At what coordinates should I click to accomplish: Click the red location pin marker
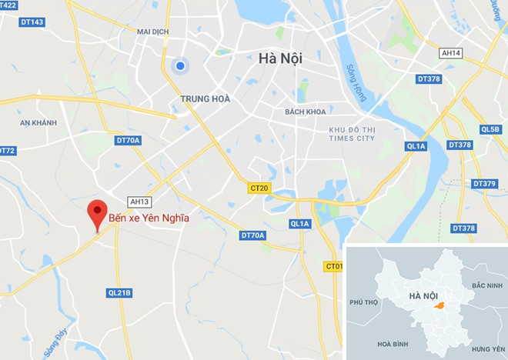pos(96,212)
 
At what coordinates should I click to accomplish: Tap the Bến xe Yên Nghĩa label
pos(148,218)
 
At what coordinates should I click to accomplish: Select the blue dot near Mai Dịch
pos(180,66)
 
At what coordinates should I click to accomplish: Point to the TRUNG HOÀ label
pos(205,99)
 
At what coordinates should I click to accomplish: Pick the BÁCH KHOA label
pos(306,112)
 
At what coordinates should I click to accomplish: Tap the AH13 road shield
pos(139,202)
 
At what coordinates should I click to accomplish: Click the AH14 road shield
pos(450,53)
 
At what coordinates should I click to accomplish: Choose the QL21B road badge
pos(119,292)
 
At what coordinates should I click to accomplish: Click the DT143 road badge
pos(33,22)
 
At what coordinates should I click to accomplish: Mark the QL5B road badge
pos(490,129)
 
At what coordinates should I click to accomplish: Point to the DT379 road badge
pos(485,184)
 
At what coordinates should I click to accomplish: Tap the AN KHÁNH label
pos(39,123)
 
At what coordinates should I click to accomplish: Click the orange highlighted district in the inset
pos(439,306)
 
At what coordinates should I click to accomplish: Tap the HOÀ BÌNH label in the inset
pos(389,344)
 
